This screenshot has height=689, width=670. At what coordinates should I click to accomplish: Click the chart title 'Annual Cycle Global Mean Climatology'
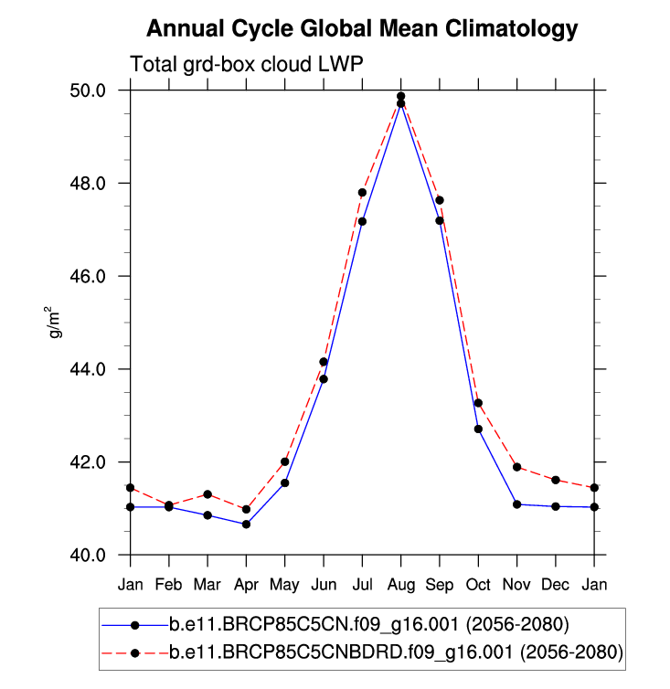coord(362,29)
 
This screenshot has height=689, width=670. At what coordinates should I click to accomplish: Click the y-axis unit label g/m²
coord(57,323)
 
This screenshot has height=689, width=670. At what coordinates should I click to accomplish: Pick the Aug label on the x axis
coord(401,583)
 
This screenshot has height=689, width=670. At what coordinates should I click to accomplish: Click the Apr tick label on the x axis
coord(247,583)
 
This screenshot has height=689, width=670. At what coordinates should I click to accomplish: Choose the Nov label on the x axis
coord(517,583)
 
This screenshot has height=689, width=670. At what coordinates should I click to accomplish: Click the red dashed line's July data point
coord(363,193)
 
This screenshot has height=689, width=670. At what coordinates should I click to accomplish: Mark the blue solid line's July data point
coord(363,221)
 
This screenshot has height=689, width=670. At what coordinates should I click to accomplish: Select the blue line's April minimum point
coord(247,525)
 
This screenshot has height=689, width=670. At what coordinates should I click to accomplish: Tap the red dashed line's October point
coord(478,403)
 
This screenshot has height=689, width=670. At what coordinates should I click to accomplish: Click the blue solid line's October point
coord(478,429)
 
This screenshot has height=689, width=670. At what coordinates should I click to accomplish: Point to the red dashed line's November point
coord(517,467)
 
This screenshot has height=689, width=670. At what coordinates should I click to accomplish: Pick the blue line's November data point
coord(517,504)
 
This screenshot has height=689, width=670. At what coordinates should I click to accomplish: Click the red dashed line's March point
coord(207,494)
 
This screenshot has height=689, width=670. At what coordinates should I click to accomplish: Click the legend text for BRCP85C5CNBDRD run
coord(395,652)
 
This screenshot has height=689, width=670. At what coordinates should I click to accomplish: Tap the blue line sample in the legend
coord(134,626)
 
